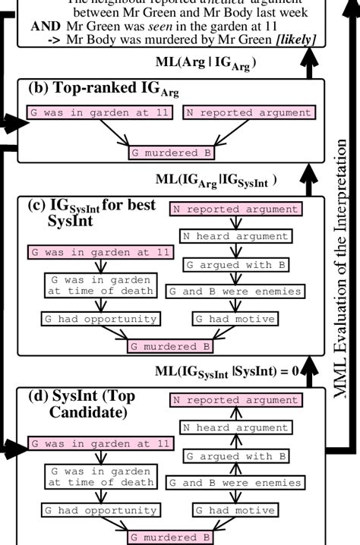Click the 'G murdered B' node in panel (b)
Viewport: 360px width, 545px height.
(x=170, y=153)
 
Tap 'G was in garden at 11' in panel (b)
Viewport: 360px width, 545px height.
(x=99, y=113)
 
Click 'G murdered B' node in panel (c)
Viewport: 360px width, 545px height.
(x=170, y=347)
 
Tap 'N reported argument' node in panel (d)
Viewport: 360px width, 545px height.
(x=235, y=400)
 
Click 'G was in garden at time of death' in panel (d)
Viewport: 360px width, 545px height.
(x=99, y=476)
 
